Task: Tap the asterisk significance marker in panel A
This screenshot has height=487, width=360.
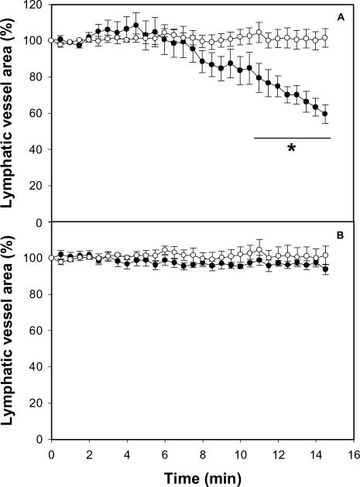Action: click(x=291, y=148)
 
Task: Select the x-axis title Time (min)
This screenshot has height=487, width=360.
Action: click(x=201, y=474)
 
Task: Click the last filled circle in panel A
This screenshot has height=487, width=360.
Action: click(x=325, y=114)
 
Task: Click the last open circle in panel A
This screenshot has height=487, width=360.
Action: click(x=325, y=37)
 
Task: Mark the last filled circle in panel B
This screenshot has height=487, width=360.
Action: click(x=325, y=269)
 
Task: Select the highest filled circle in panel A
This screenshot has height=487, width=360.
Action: click(x=136, y=25)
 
